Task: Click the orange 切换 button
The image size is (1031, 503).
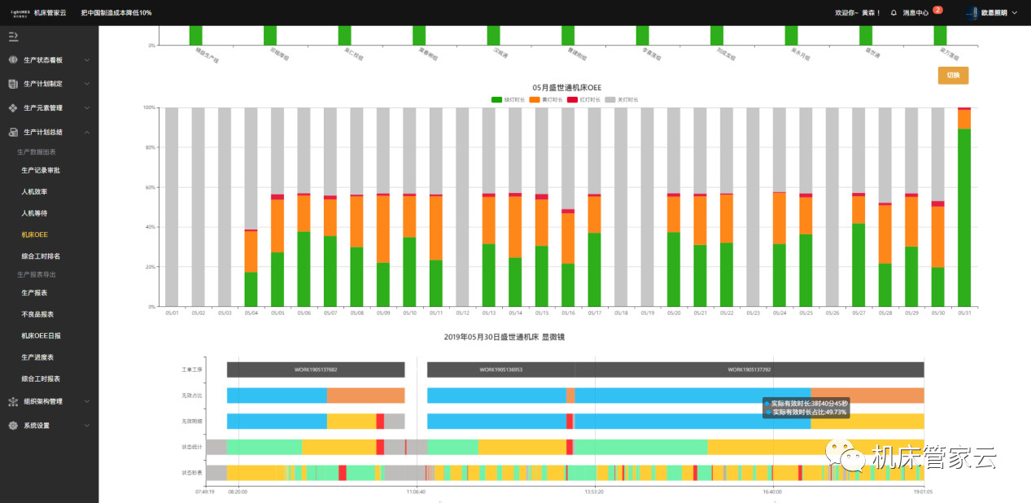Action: (x=953, y=76)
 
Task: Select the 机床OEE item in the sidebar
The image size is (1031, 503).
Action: (x=34, y=234)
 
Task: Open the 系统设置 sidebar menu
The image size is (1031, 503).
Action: (x=37, y=426)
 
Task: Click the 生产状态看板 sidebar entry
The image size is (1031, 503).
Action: (x=43, y=60)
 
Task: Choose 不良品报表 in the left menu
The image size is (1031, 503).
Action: (x=38, y=314)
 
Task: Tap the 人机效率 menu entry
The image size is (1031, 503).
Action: (x=34, y=191)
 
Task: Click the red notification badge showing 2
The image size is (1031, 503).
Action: (x=937, y=10)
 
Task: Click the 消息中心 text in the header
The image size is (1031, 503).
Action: (x=915, y=13)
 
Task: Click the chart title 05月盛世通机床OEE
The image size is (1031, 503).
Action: (x=566, y=87)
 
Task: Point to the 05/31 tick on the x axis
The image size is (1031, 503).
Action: (x=963, y=313)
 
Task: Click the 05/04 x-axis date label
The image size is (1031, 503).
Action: (x=251, y=313)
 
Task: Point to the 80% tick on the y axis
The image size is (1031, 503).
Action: (x=149, y=147)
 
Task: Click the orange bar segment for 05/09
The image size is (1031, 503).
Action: (x=382, y=229)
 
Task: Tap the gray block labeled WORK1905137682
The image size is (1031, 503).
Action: (x=316, y=370)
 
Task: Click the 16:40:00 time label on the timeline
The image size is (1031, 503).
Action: (x=772, y=492)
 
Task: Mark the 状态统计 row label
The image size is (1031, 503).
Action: (x=192, y=447)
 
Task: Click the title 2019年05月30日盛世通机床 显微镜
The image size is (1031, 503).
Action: (x=504, y=336)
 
